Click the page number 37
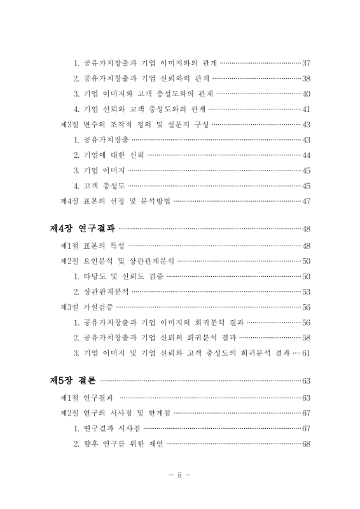pos(306,63)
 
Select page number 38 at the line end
pos(306,78)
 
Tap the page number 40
pos(306,94)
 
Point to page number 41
pos(306,109)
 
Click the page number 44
pos(306,155)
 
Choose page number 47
pos(306,202)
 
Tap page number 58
pos(306,337)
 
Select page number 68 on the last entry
pos(306,443)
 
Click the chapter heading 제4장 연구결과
pos(82,229)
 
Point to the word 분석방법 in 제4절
pos(154,202)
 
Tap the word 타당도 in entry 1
pos(95,276)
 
